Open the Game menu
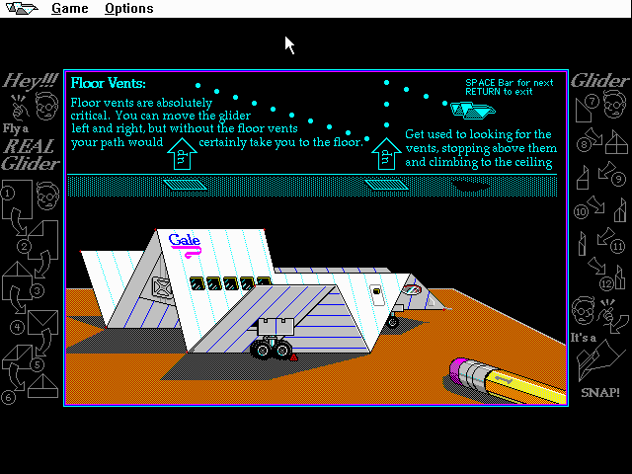click(x=70, y=9)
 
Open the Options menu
click(x=129, y=9)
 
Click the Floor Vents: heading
click(x=108, y=83)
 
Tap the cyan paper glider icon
click(x=473, y=110)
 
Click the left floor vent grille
click(x=185, y=185)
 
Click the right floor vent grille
click(x=386, y=185)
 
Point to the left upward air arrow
click(x=182, y=154)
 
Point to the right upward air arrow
click(x=386, y=154)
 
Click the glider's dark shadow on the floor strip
click(x=470, y=186)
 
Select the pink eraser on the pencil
click(x=458, y=371)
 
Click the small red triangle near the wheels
click(x=294, y=357)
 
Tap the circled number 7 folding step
click(x=592, y=101)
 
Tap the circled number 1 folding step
click(x=8, y=194)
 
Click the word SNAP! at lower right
click(x=600, y=392)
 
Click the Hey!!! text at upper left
click(x=31, y=81)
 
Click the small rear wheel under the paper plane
click(x=393, y=322)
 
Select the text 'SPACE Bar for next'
click(x=510, y=83)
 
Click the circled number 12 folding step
click(x=606, y=283)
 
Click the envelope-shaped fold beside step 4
click(x=43, y=323)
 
